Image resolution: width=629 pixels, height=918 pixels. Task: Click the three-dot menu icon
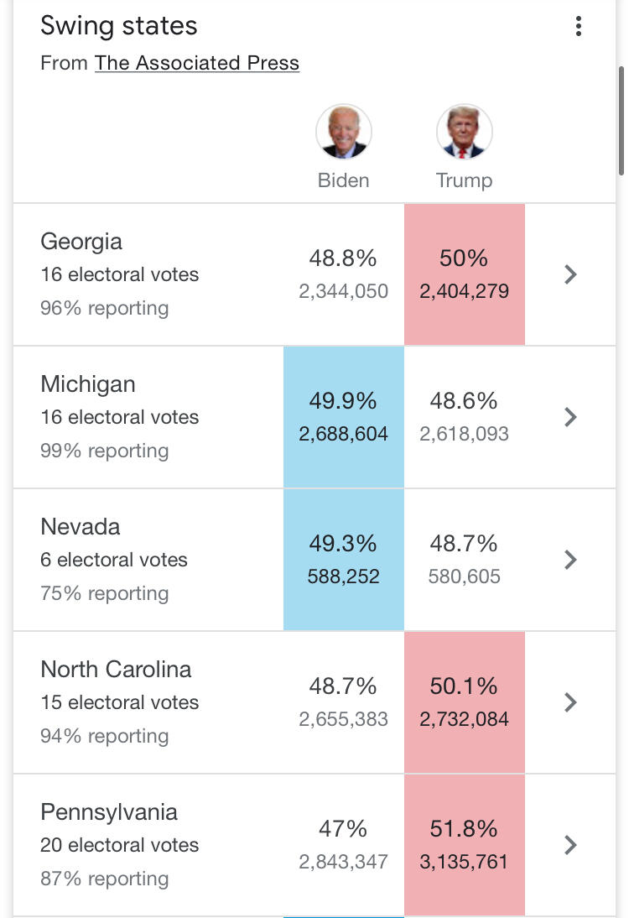point(578,27)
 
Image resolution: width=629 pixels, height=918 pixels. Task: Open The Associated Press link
point(196,63)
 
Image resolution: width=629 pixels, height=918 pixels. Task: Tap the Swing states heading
point(119,25)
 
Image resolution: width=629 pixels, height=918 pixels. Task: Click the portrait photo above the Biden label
point(343,133)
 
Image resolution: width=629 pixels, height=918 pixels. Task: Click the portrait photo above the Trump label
point(464,133)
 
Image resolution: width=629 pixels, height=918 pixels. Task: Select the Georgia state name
point(81,242)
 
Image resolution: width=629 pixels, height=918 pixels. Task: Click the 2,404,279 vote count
point(464,292)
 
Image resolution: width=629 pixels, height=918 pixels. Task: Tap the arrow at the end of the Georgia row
point(570,274)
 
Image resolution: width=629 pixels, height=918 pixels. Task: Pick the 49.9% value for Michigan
point(343,401)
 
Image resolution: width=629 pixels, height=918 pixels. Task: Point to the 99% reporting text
point(104,451)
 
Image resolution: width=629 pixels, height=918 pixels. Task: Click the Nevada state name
point(81,527)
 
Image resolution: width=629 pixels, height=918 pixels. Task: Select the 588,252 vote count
point(343,577)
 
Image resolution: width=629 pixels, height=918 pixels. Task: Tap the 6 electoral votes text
point(114,560)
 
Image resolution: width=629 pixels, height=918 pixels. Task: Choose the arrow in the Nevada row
point(570,560)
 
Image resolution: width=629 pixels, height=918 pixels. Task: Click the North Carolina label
point(116,670)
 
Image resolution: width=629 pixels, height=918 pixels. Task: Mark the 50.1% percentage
point(464,686)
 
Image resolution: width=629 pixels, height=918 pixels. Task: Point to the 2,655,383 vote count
point(343,720)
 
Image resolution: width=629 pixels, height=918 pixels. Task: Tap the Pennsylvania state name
point(109,812)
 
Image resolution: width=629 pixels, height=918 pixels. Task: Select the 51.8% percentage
point(464,829)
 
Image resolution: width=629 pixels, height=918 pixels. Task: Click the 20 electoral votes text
point(120,845)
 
